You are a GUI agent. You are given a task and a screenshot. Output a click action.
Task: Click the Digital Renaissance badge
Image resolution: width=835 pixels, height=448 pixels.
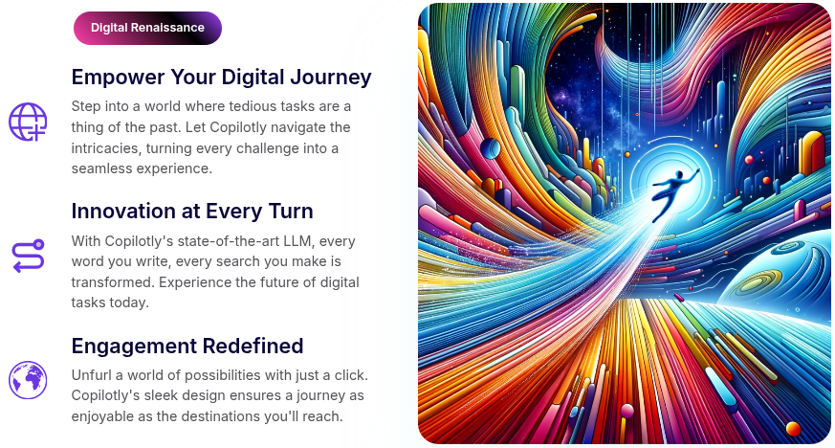point(147,28)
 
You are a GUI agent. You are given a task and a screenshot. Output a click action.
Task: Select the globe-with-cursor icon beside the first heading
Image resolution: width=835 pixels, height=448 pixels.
point(28,123)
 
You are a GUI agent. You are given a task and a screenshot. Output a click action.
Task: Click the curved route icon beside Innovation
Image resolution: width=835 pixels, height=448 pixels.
point(28,257)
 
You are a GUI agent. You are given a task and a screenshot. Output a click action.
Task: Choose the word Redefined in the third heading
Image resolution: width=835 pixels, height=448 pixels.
point(259,346)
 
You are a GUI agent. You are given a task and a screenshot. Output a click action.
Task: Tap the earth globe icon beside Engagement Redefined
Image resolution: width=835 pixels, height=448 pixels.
point(28,380)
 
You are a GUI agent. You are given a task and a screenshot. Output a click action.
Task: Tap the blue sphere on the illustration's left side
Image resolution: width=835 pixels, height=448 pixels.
point(491,147)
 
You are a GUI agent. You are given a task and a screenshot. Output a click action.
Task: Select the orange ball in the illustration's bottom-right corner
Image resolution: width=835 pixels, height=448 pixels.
point(793,428)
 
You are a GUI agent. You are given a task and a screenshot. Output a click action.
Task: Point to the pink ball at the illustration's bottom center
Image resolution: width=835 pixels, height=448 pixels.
point(627,412)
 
